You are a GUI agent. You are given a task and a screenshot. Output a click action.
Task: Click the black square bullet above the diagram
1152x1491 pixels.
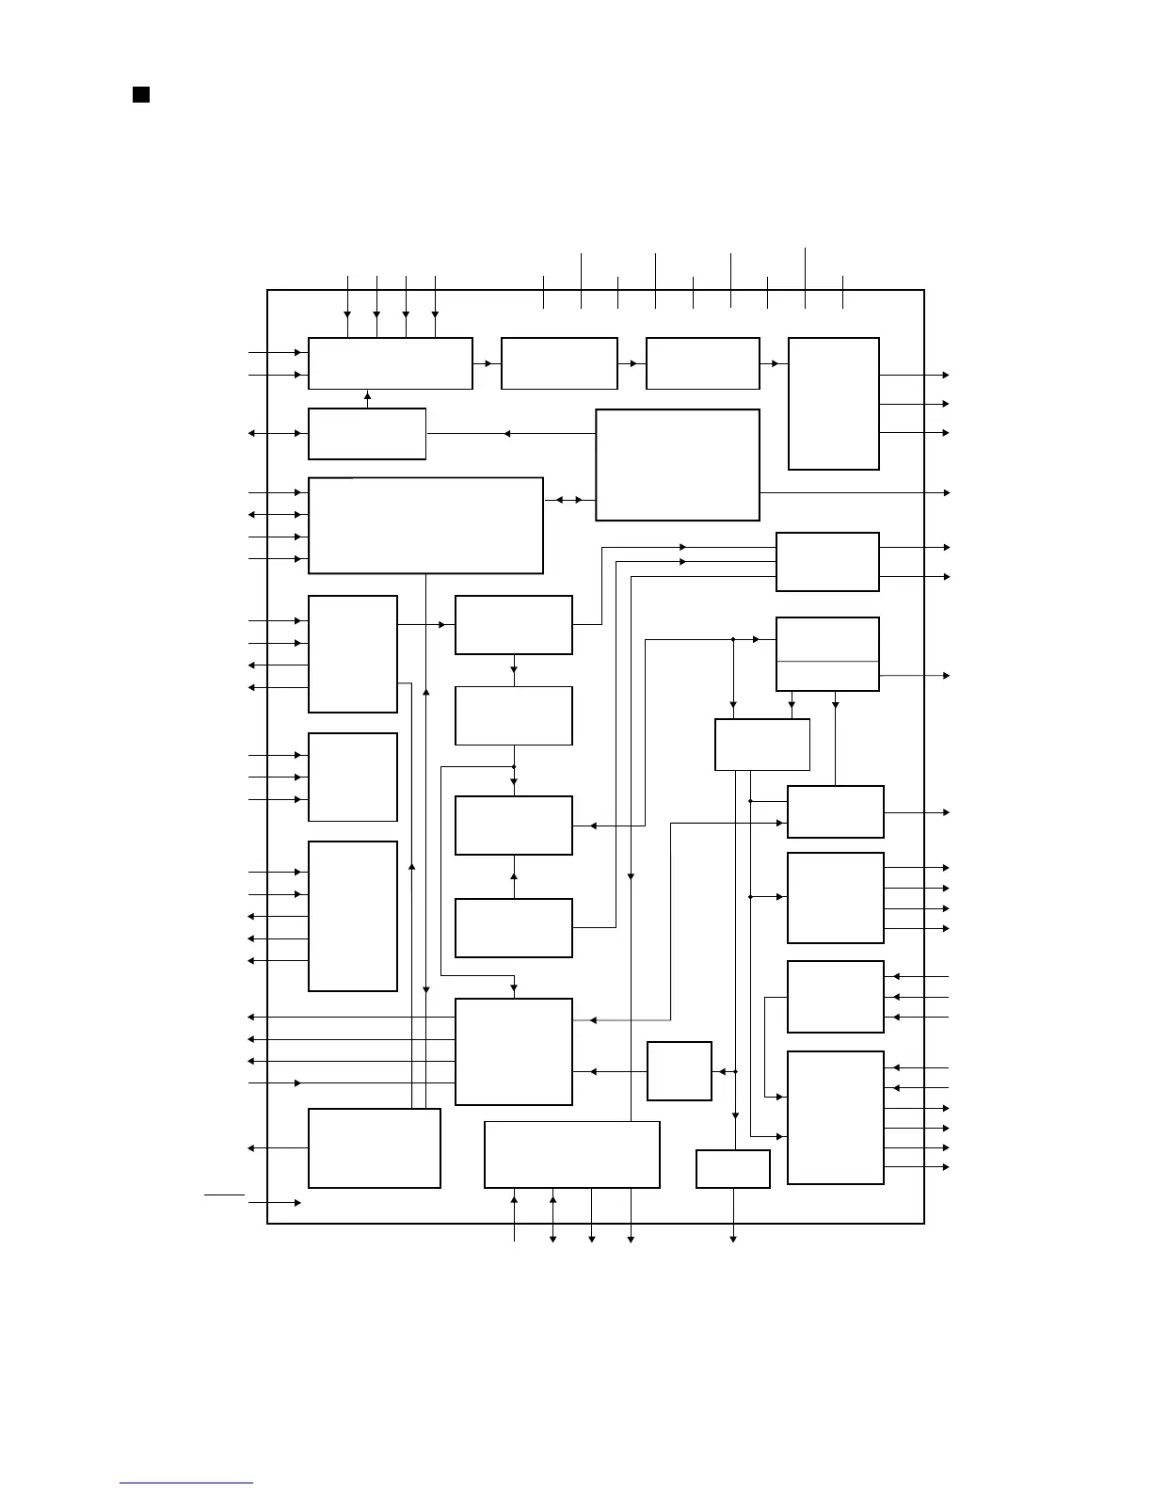click(141, 94)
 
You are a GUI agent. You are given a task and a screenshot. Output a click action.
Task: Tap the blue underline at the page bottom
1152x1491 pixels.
click(186, 1483)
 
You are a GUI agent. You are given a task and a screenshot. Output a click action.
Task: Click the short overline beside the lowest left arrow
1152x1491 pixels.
click(224, 1194)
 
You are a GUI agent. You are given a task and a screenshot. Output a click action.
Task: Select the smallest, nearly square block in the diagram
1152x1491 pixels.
click(679, 1070)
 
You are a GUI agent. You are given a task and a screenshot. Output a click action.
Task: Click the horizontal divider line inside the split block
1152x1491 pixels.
click(827, 662)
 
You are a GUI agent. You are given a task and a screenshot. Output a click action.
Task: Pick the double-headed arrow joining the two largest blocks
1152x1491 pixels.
click(569, 500)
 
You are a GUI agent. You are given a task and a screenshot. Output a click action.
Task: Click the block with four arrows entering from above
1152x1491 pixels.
click(390, 363)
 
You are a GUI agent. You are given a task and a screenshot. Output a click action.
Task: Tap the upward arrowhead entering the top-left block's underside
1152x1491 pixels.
click(367, 396)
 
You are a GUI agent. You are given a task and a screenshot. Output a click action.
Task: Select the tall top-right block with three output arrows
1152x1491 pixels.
click(833, 403)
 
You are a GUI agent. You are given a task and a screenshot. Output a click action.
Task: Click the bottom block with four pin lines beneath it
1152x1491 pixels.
click(571, 1154)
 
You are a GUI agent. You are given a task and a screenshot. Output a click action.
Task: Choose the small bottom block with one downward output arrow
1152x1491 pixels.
click(732, 1169)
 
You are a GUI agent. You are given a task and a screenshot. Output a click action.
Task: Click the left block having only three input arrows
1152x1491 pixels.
click(353, 777)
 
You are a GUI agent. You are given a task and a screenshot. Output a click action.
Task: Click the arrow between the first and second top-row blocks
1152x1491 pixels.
click(487, 362)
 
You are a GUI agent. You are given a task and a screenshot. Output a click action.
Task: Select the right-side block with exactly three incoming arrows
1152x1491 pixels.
click(835, 997)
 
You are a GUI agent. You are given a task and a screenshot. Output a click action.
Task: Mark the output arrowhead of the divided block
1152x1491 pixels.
click(946, 676)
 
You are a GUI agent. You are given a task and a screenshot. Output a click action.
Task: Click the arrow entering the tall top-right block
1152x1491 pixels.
click(775, 363)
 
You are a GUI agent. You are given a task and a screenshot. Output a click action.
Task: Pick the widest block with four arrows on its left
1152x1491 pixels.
click(425, 525)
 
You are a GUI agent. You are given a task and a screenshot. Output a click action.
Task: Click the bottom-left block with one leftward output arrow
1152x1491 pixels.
click(374, 1147)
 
